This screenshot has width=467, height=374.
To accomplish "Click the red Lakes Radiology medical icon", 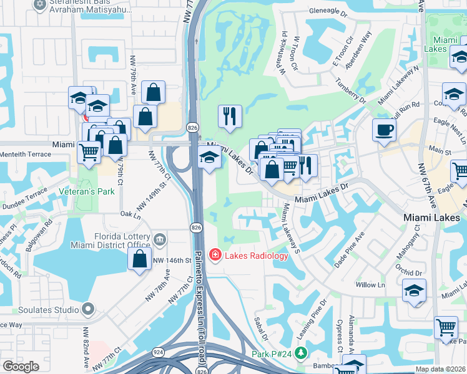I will (215, 255).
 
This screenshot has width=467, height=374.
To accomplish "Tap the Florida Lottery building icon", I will (159, 239).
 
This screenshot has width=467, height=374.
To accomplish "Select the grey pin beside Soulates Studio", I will (88, 309).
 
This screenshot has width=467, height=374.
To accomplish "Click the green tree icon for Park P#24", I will (302, 354).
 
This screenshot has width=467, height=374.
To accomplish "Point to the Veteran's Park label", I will (87, 191).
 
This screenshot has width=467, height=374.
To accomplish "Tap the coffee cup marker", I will (384, 130).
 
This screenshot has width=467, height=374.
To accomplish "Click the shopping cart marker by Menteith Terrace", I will (89, 151).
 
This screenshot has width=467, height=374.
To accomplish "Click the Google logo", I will (21, 367).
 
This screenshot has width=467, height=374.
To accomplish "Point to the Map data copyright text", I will (440, 369).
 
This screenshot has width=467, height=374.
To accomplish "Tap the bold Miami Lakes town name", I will (431, 218).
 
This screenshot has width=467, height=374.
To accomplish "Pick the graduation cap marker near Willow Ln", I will (415, 291).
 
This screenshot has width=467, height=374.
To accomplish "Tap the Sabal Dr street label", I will (261, 327).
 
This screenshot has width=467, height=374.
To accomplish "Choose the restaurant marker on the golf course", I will (230, 115).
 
